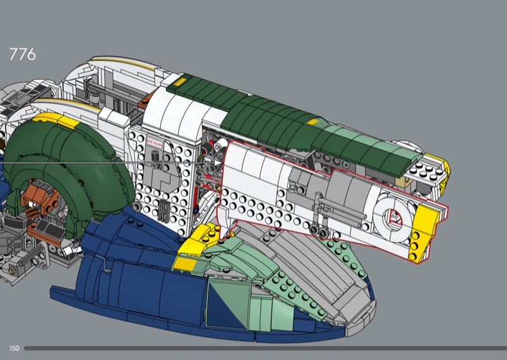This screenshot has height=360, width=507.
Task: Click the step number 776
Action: (22, 54)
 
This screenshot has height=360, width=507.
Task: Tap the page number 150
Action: (14, 349)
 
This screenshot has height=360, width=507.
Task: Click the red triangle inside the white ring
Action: (395, 217)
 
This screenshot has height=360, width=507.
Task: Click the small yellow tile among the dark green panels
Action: (313, 122)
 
